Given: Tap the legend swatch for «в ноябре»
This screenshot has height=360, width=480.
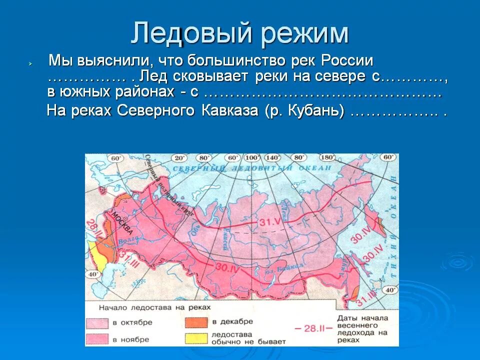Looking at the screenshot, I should pos(98,339).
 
